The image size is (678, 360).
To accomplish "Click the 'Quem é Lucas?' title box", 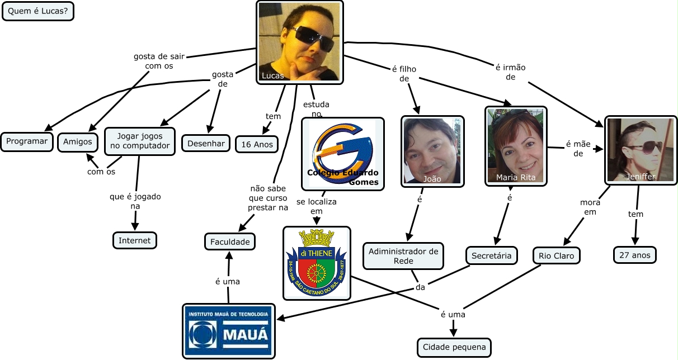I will [x=38, y=11].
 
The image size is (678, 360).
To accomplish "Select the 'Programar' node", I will [x=27, y=141].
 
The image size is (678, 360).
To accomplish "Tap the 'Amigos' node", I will [x=78, y=141].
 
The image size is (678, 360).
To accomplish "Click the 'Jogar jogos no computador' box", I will [x=139, y=141].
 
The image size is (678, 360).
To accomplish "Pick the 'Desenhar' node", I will [x=206, y=143].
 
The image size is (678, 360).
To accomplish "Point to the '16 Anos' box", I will [x=257, y=144].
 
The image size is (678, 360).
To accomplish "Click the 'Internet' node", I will [x=135, y=240].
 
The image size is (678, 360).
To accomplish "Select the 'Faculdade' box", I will [x=229, y=241].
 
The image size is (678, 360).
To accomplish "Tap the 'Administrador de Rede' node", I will [x=403, y=256].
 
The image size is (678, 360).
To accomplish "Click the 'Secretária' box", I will [x=492, y=256].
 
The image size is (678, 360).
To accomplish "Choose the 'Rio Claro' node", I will [x=557, y=256].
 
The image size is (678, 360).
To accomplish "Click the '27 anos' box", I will [x=634, y=254].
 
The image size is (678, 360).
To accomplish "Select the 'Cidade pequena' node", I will [x=454, y=347].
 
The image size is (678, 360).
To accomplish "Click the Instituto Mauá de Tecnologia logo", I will [x=229, y=331].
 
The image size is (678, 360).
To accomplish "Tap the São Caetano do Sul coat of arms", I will [x=317, y=263].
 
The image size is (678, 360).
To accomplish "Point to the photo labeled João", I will [x=432, y=151].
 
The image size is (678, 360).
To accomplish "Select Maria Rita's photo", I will [x=515, y=146].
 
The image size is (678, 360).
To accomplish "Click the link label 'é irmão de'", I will [x=510, y=72].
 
